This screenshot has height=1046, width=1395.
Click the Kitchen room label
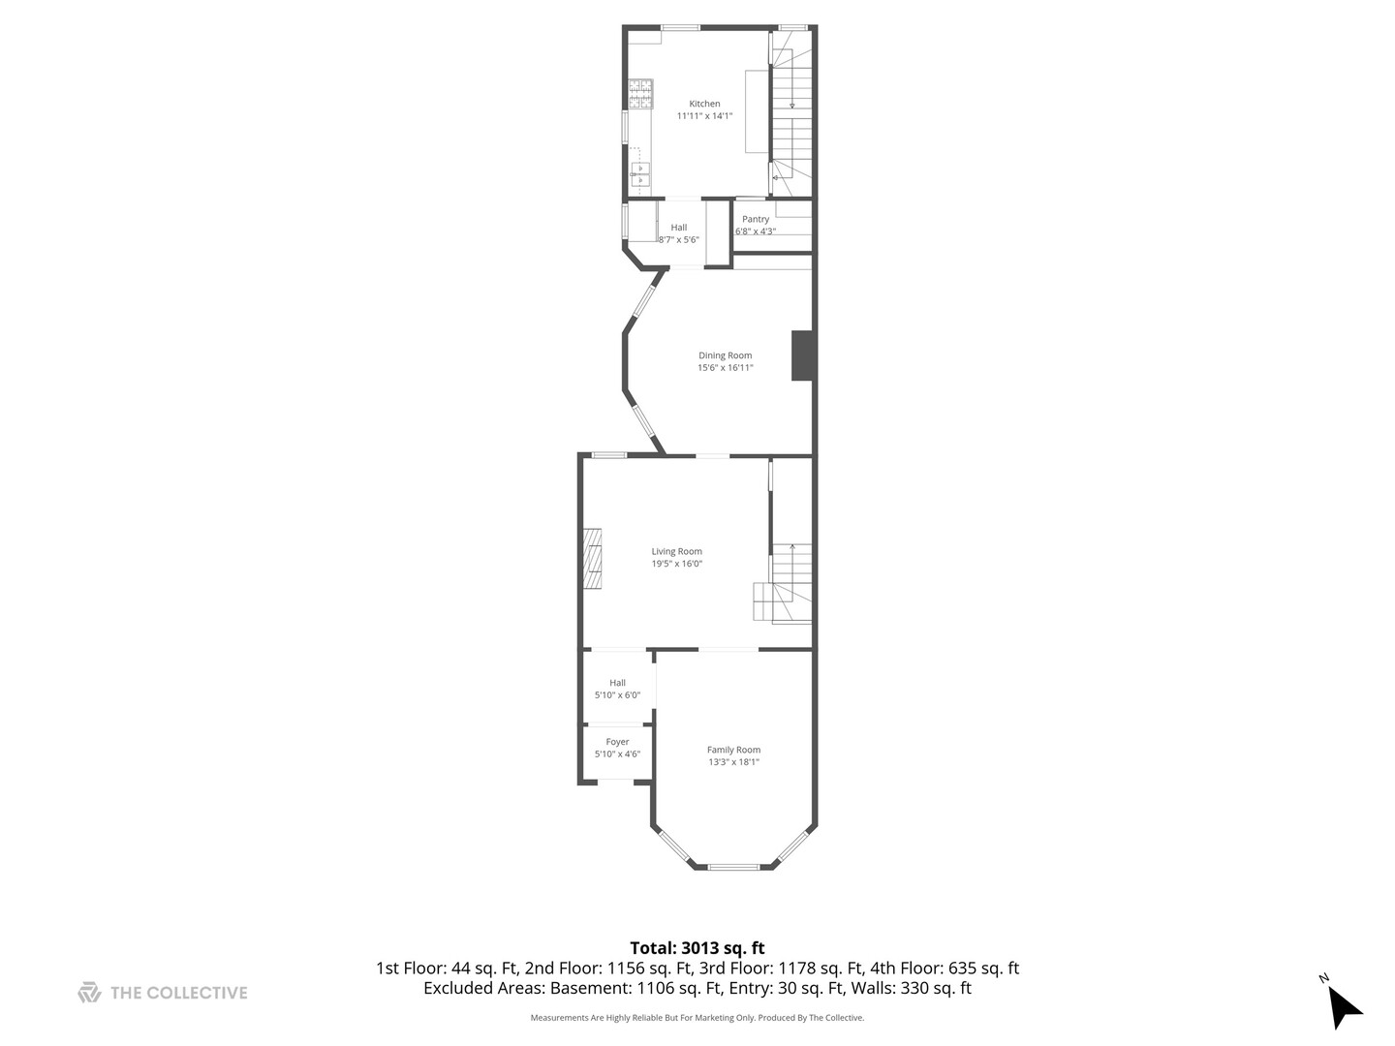[704, 104]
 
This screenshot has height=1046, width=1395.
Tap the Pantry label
[755, 219]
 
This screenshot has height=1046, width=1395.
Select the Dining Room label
[725, 355]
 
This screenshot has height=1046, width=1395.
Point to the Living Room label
[676, 551]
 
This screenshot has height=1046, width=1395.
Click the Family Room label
[733, 750]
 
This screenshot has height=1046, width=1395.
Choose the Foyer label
[617, 741]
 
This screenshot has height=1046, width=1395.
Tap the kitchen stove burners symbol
[640, 94]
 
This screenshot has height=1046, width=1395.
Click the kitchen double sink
[640, 174]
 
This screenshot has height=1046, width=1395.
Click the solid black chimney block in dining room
[802, 355]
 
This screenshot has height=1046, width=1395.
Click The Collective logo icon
[90, 992]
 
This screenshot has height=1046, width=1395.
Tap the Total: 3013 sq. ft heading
[697, 948]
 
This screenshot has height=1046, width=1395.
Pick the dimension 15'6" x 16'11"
[726, 368]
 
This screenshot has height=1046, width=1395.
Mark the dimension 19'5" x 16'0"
[676, 564]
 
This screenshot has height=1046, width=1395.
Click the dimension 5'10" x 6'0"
[617, 694]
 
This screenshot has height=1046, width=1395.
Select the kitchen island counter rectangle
[757, 111]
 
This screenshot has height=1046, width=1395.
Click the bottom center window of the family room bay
[733, 867]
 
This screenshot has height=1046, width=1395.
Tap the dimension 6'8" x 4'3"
[755, 231]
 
